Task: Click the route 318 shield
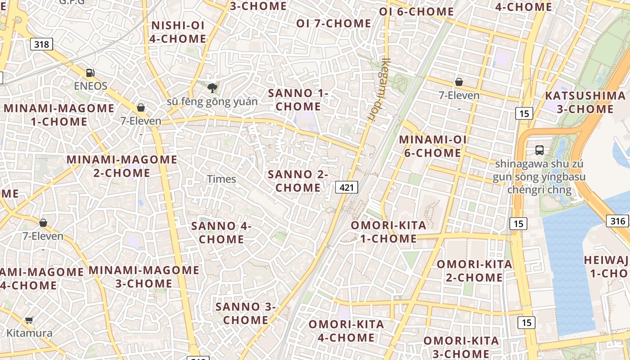pos(42,44)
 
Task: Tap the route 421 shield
pos(346,187)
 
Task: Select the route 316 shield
pos(617,221)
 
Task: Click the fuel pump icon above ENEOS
pos(90,72)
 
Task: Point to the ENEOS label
pos(91,86)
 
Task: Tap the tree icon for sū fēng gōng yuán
pos(212,88)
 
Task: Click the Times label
pos(221,179)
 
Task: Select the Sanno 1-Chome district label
pos(298,100)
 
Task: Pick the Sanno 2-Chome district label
pos(298,181)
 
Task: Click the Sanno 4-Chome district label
pos(221,233)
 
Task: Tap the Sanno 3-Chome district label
pos(246,314)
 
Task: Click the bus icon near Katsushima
pos(539,150)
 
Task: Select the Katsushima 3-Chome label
pos(585,102)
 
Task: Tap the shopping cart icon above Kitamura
pos(29,320)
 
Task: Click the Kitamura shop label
pos(29,333)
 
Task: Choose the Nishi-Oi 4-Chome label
pos(178,32)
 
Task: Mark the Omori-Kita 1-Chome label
pos(388,232)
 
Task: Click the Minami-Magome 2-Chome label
pos(122,166)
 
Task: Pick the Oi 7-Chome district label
pos(333,23)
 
